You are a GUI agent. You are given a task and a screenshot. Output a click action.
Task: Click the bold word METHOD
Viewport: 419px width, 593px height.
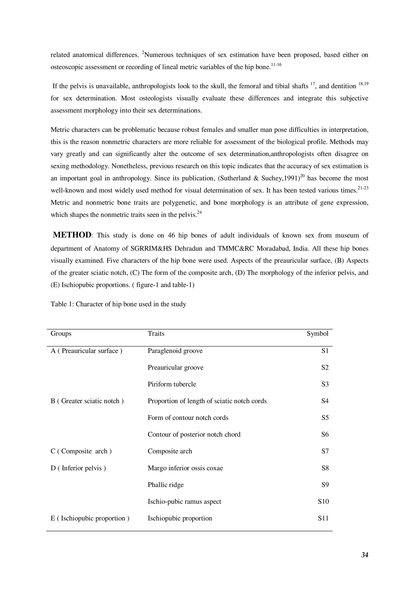coord(72,235)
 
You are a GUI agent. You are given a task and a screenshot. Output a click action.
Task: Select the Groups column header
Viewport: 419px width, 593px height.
coord(61,333)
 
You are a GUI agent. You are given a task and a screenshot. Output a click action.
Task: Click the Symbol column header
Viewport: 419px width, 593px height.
coord(317,333)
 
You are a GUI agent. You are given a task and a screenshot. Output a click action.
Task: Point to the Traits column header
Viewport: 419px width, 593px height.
coord(156,333)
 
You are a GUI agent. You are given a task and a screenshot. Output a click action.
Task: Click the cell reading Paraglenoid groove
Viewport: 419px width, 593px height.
coord(175,351)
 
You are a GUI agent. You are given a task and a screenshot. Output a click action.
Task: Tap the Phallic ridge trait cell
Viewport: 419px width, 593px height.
coord(166,485)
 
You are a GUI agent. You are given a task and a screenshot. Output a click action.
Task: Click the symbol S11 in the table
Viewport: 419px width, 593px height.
coord(323,518)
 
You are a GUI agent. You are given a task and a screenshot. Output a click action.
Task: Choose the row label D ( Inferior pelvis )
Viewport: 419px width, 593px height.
coord(78,468)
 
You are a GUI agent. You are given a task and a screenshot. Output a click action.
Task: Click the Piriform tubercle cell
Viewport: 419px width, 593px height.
coord(172,384)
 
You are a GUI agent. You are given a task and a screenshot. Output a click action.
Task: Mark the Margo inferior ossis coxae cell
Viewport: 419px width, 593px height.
coord(185,468)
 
